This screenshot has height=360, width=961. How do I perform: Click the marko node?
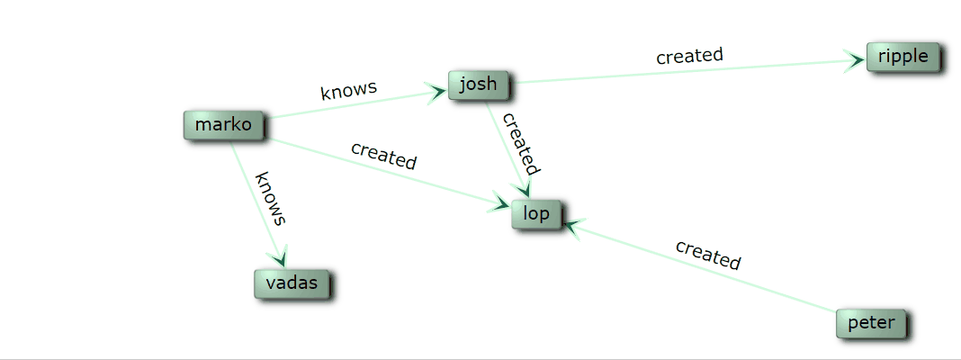tap(222, 125)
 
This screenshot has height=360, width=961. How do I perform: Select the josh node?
tap(478, 85)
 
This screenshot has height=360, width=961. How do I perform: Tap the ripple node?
tap(903, 57)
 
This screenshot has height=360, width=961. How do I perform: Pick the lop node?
tap(536, 214)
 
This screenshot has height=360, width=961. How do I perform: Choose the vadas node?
tap(292, 283)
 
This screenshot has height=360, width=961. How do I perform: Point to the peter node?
tap(871, 323)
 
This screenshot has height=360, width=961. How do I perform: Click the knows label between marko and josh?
tap(348, 91)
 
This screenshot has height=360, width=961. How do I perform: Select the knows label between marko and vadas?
tap(271, 197)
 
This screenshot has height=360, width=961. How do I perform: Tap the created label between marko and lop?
tap(384, 155)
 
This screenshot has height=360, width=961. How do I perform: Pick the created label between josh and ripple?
tap(689, 56)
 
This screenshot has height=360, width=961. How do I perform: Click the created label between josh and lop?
tap(520, 144)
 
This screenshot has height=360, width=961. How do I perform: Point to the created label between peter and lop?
tap(708, 255)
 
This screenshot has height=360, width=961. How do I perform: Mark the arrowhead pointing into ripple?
tap(854, 62)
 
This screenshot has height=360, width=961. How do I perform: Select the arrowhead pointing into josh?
tap(437, 90)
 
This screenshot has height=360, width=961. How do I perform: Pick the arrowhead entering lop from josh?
tap(522, 189)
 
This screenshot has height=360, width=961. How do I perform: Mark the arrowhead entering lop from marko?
tap(499, 204)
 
